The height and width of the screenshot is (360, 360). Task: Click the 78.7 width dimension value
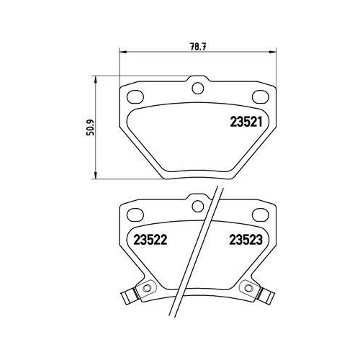[x=195, y=45]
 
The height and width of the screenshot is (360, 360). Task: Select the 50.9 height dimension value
[x=89, y=128]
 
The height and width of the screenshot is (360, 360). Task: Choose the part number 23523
[x=246, y=240]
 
